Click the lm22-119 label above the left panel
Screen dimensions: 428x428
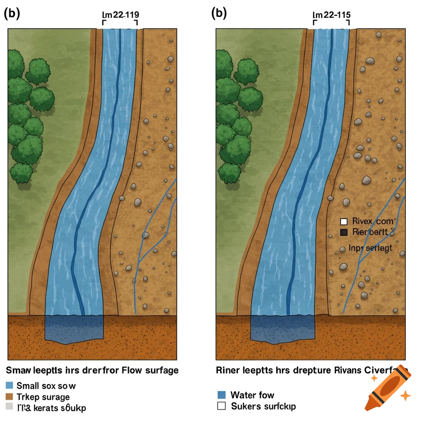click(120, 14)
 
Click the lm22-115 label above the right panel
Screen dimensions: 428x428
click(331, 14)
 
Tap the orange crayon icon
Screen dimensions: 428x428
click(387, 387)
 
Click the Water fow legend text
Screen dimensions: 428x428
click(252, 395)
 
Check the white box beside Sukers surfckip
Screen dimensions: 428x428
click(222, 405)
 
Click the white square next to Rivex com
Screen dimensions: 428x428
click(344, 222)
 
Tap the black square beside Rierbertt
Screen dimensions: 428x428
click(344, 232)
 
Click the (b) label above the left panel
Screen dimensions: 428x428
click(12, 13)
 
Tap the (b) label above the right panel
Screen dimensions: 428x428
click(219, 13)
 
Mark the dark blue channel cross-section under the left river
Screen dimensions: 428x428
click(74, 329)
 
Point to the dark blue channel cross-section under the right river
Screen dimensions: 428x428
click(282, 329)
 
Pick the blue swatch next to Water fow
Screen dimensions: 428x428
click(222, 395)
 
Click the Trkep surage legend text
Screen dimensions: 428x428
click(43, 397)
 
